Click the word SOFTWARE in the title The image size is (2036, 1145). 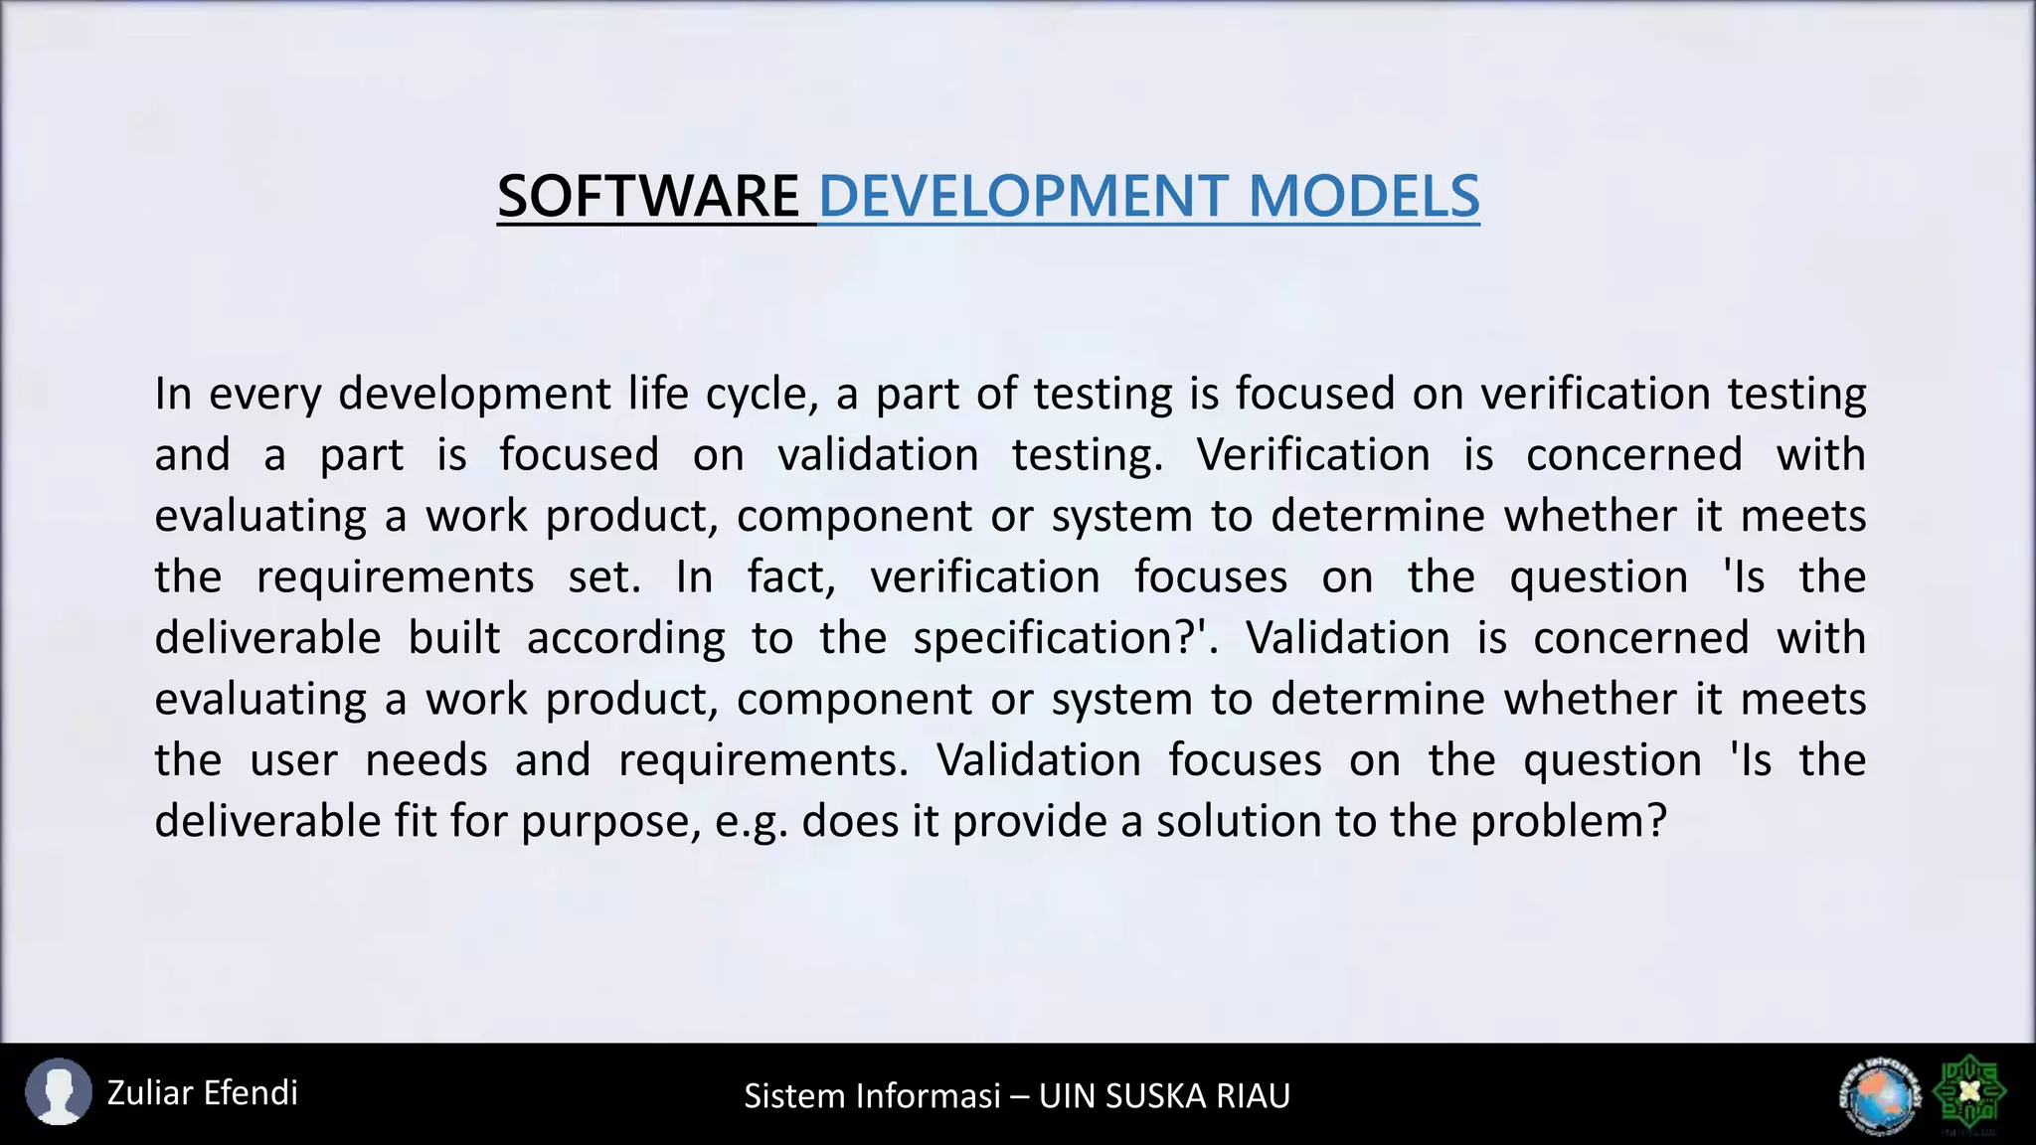(x=648, y=196)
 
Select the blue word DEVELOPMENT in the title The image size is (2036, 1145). (x=1023, y=196)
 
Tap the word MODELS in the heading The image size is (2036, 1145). (x=1363, y=196)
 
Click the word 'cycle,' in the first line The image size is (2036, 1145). (x=762, y=395)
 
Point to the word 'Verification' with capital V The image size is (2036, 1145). (x=1313, y=455)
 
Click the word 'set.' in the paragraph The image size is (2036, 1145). (x=604, y=577)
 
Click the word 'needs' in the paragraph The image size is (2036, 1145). (x=426, y=760)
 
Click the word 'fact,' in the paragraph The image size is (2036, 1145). (x=791, y=577)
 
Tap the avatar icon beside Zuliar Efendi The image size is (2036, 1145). (x=58, y=1092)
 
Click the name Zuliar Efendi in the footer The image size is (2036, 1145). (x=202, y=1093)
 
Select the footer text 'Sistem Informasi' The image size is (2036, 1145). (x=872, y=1095)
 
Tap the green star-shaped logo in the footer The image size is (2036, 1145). (x=1968, y=1093)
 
